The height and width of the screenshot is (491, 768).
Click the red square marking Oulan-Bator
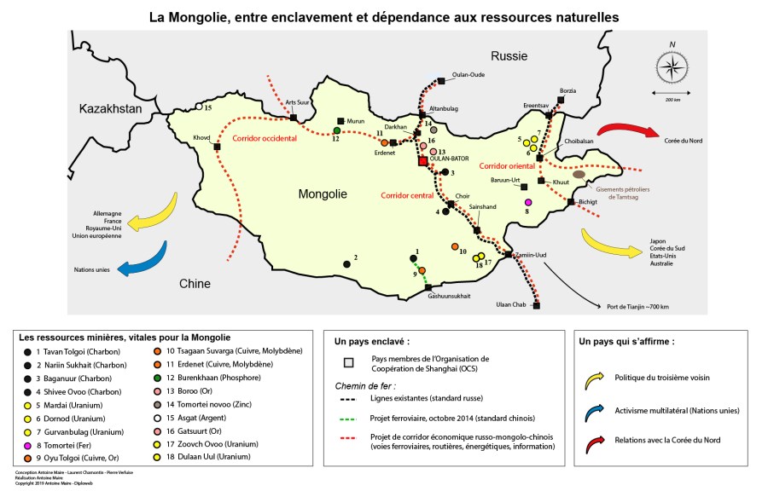[422, 160]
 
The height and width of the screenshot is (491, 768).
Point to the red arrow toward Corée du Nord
[625, 131]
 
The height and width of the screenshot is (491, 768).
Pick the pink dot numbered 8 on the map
[528, 201]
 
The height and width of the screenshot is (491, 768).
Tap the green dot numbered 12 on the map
[337, 130]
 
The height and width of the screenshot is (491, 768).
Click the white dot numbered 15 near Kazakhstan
[198, 107]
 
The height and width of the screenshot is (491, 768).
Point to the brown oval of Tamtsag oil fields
[579, 174]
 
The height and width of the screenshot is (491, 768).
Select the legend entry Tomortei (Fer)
[72, 446]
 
